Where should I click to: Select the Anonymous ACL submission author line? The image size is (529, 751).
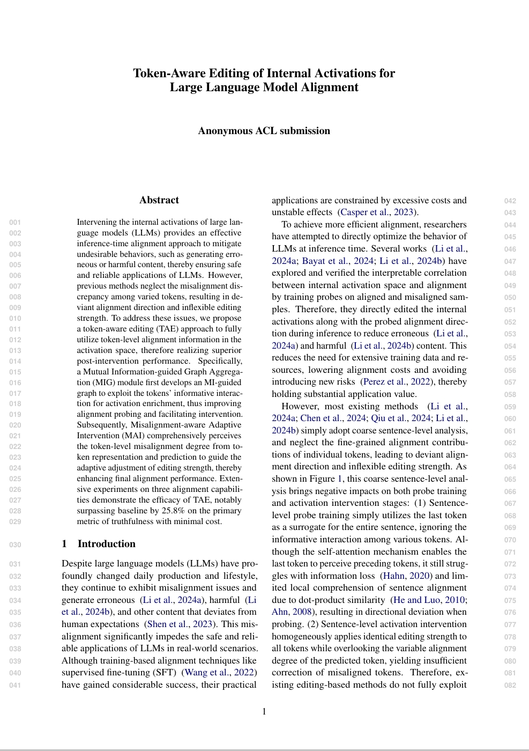click(264, 131)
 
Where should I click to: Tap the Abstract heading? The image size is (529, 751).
click(159, 200)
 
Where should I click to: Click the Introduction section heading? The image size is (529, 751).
click(106, 544)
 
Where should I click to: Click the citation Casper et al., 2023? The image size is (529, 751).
click(378, 212)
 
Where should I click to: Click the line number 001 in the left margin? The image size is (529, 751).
click(15, 222)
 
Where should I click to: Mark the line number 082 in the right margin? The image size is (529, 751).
click(510, 685)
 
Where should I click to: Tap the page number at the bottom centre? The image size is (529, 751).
click(264, 712)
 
